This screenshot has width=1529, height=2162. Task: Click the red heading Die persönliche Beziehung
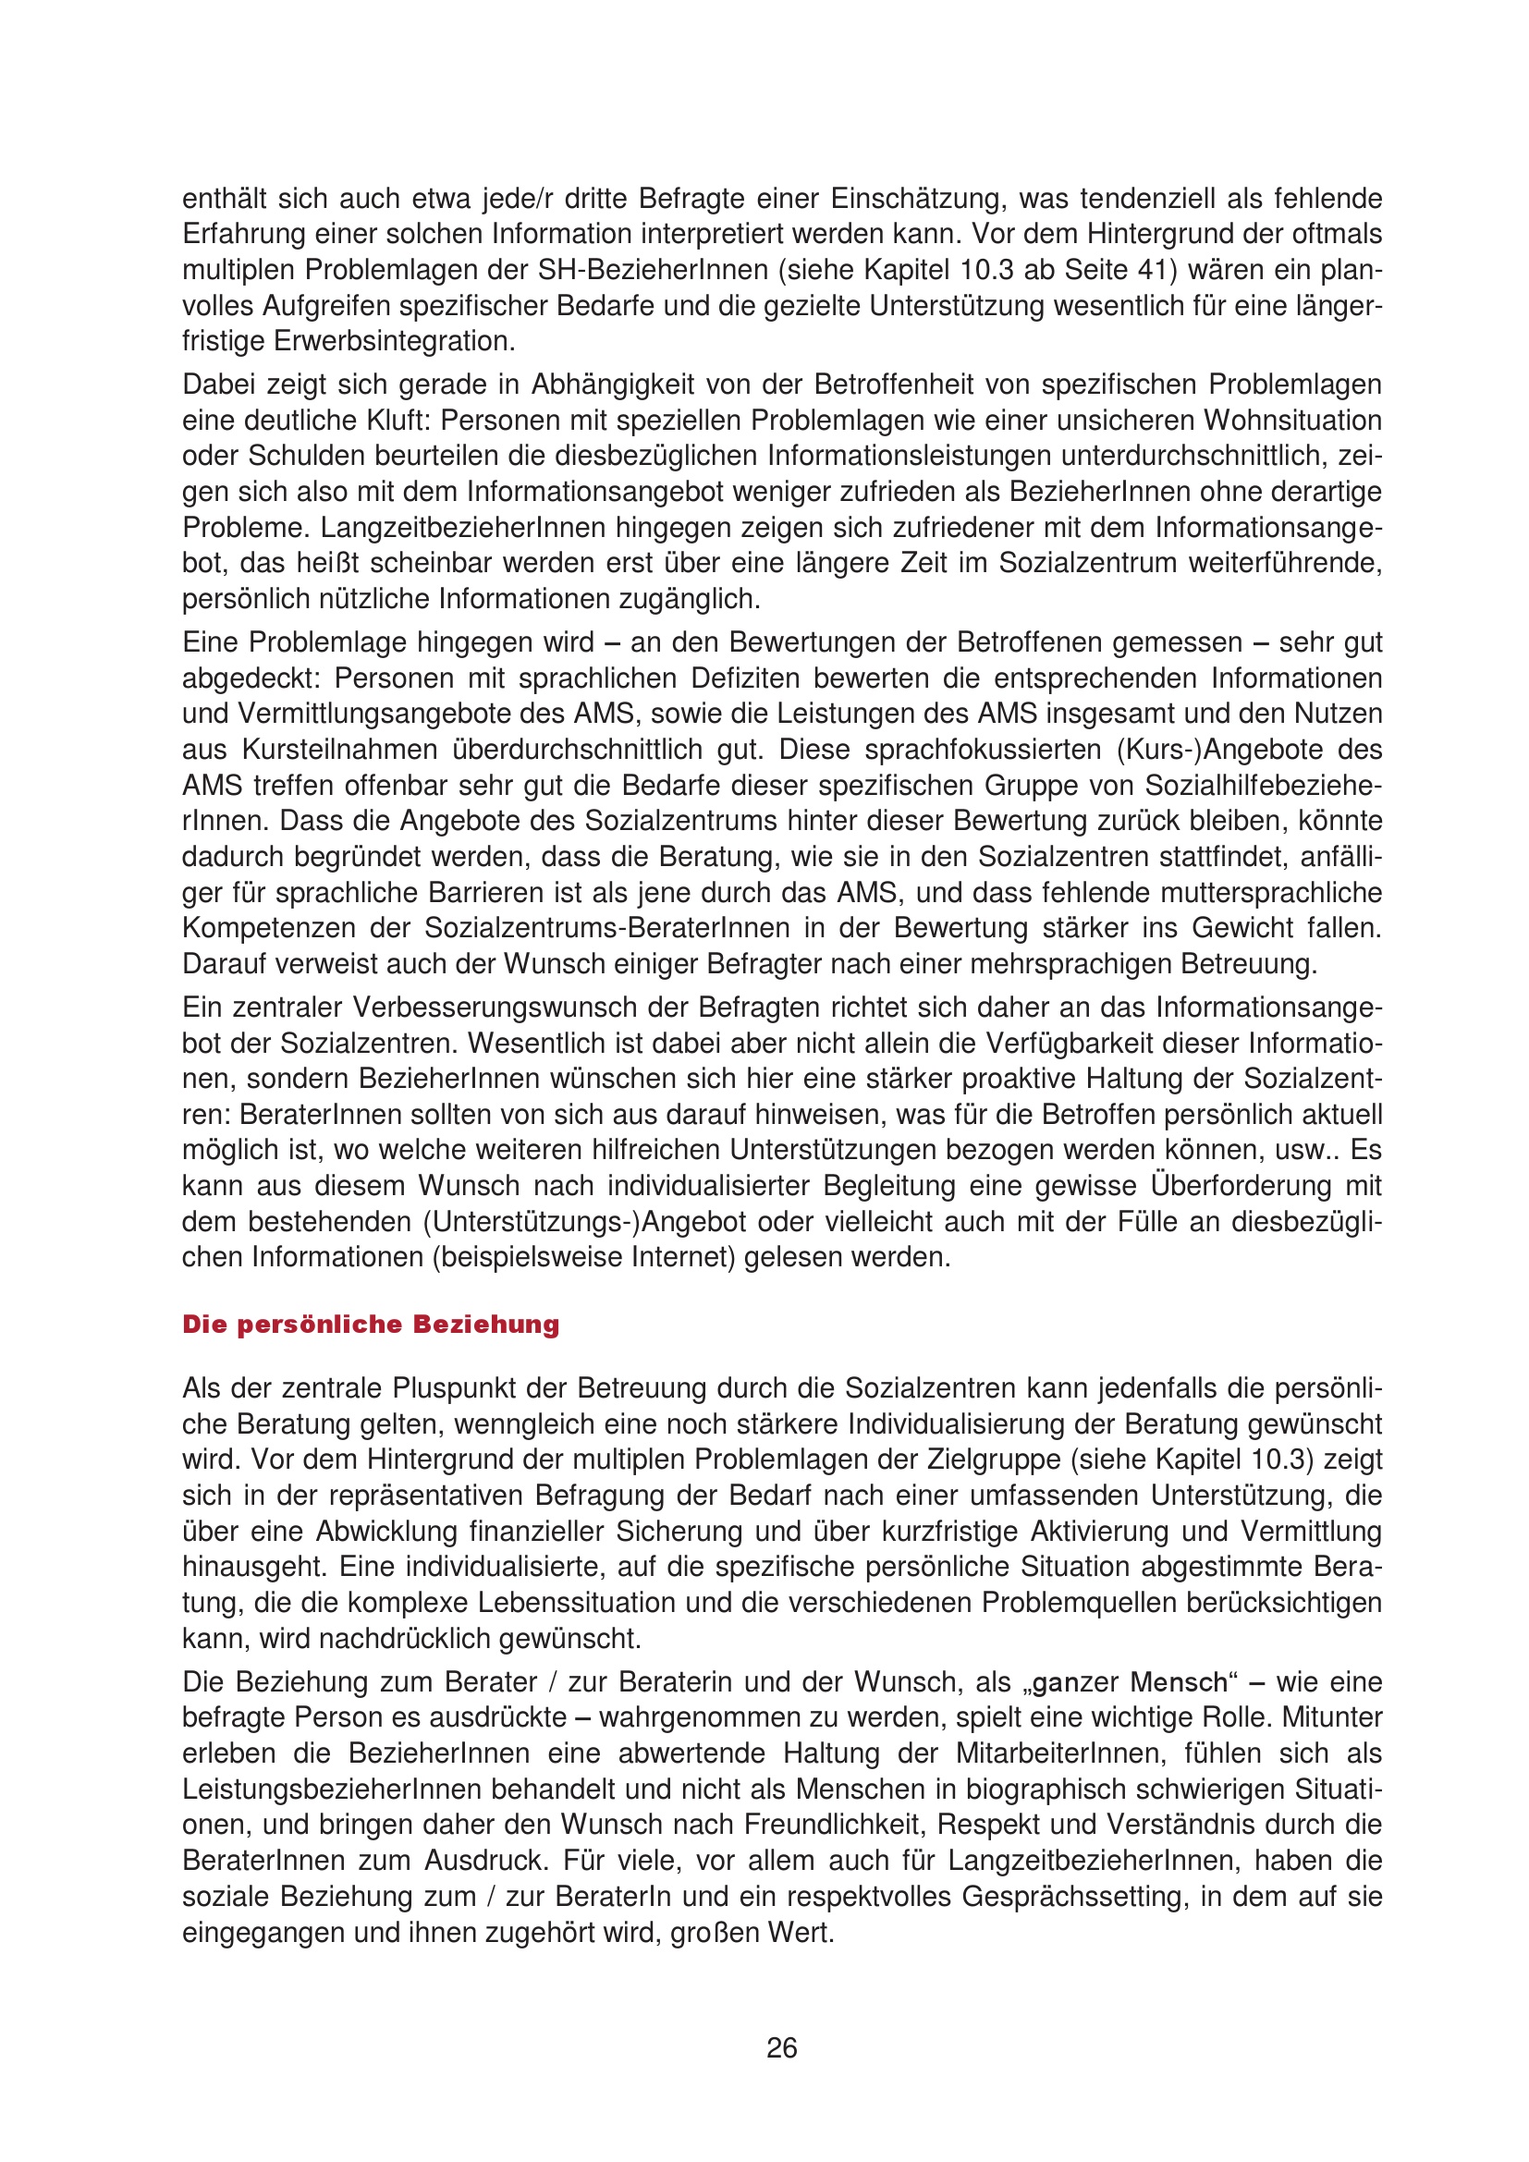click(x=370, y=1324)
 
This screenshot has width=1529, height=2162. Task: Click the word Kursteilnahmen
click(x=341, y=750)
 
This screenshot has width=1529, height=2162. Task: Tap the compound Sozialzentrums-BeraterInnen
click(x=607, y=928)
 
